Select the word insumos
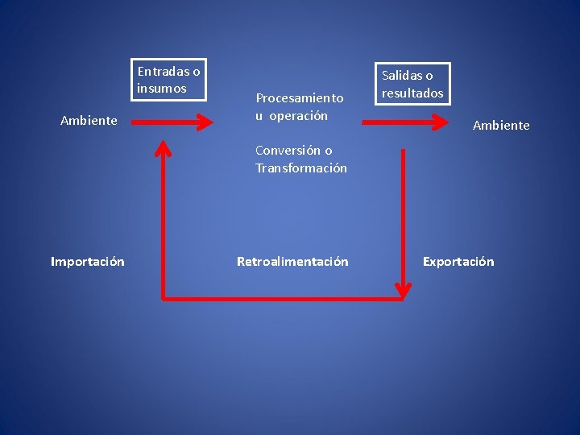tap(162, 88)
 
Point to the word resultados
tap(412, 93)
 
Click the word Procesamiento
tap(300, 97)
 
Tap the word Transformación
tap(301, 168)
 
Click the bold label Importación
tap(87, 261)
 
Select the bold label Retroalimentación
tap(292, 261)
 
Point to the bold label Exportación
tap(458, 261)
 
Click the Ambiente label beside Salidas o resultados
tap(501, 125)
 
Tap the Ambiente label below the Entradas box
tap(89, 121)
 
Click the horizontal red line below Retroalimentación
tap(282, 299)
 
